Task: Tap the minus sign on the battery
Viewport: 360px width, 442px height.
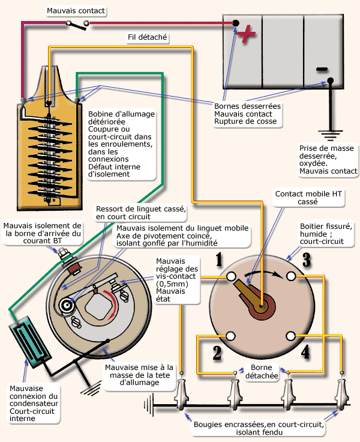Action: click(x=322, y=68)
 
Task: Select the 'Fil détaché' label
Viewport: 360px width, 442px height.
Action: click(x=148, y=37)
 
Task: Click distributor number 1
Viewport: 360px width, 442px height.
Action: click(x=220, y=260)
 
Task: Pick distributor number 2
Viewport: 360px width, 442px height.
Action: click(x=217, y=352)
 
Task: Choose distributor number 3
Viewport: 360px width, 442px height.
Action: click(x=307, y=260)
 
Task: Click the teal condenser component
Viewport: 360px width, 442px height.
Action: click(x=28, y=344)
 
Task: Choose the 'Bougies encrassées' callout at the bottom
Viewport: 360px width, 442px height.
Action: click(x=259, y=428)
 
